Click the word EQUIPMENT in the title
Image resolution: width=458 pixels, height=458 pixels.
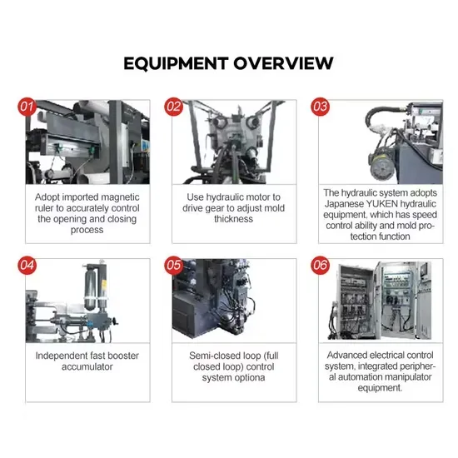pyautogui.click(x=176, y=63)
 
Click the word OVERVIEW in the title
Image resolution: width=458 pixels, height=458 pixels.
pyautogui.click(x=283, y=63)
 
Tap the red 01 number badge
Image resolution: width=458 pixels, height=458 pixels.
pyautogui.click(x=27, y=107)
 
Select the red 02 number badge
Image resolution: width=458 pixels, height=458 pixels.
pyautogui.click(x=174, y=107)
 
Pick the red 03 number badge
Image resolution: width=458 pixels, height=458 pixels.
pyautogui.click(x=320, y=107)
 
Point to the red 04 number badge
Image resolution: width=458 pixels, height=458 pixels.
pyautogui.click(x=27, y=265)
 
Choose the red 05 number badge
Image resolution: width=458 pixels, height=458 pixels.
pyautogui.click(x=174, y=265)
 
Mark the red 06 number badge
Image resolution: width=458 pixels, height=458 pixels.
pyautogui.click(x=320, y=265)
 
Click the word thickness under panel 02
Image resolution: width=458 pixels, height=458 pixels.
pyautogui.click(x=234, y=219)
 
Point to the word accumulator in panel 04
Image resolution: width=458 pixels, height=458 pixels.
pyautogui.click(x=87, y=367)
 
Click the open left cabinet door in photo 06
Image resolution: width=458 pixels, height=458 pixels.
pyautogui.click(x=356, y=302)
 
